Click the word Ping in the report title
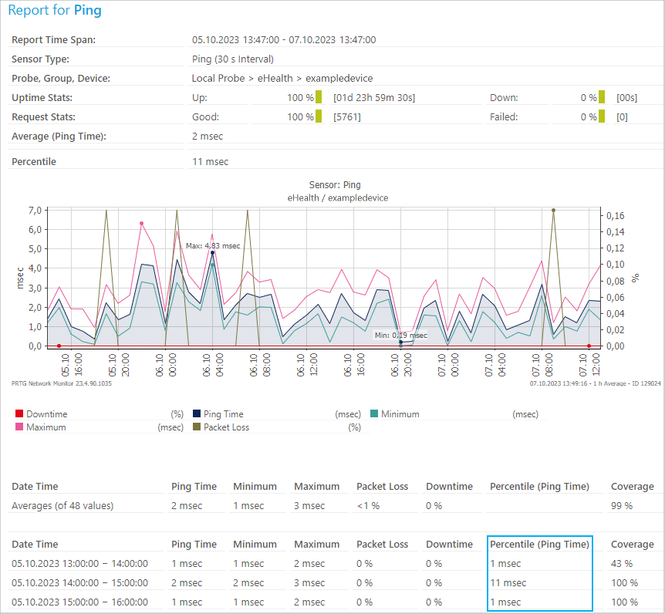point(87,11)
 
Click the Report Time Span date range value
point(283,40)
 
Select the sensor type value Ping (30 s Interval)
point(232,59)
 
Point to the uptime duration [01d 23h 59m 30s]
point(374,98)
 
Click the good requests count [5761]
point(346,117)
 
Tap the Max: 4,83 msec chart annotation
point(212,246)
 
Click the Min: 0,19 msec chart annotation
point(400,336)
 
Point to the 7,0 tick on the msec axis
point(35,211)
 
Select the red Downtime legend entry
point(46,414)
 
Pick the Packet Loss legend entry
point(226,427)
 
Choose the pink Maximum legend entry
point(46,427)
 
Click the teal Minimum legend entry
point(400,414)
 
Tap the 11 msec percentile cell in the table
point(508,583)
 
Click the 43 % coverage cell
point(622,564)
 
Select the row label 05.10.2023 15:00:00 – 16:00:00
point(79,602)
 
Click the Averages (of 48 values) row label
point(62,506)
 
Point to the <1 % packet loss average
point(369,506)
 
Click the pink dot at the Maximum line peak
point(142,224)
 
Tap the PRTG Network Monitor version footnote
point(62,383)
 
